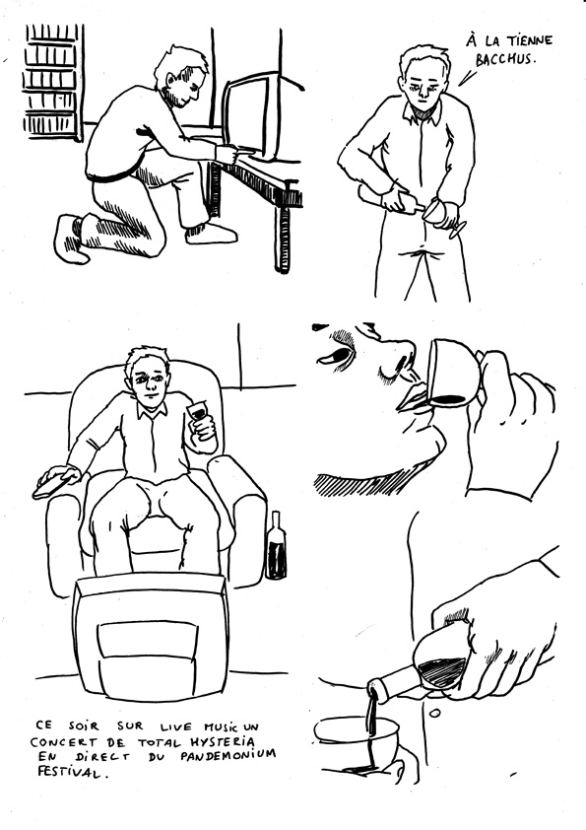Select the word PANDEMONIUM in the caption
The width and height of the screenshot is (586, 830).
(x=228, y=756)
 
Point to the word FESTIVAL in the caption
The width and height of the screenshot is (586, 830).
(x=68, y=772)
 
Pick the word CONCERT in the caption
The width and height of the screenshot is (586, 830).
(x=59, y=741)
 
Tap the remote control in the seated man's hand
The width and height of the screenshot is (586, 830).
(x=52, y=485)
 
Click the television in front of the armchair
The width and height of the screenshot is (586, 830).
(x=152, y=637)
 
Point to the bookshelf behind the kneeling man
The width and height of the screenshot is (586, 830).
(x=52, y=82)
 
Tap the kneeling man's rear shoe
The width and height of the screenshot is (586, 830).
(x=71, y=240)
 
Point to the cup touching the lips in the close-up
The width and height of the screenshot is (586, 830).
(x=455, y=374)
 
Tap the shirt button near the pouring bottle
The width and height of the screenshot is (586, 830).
(x=434, y=713)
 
